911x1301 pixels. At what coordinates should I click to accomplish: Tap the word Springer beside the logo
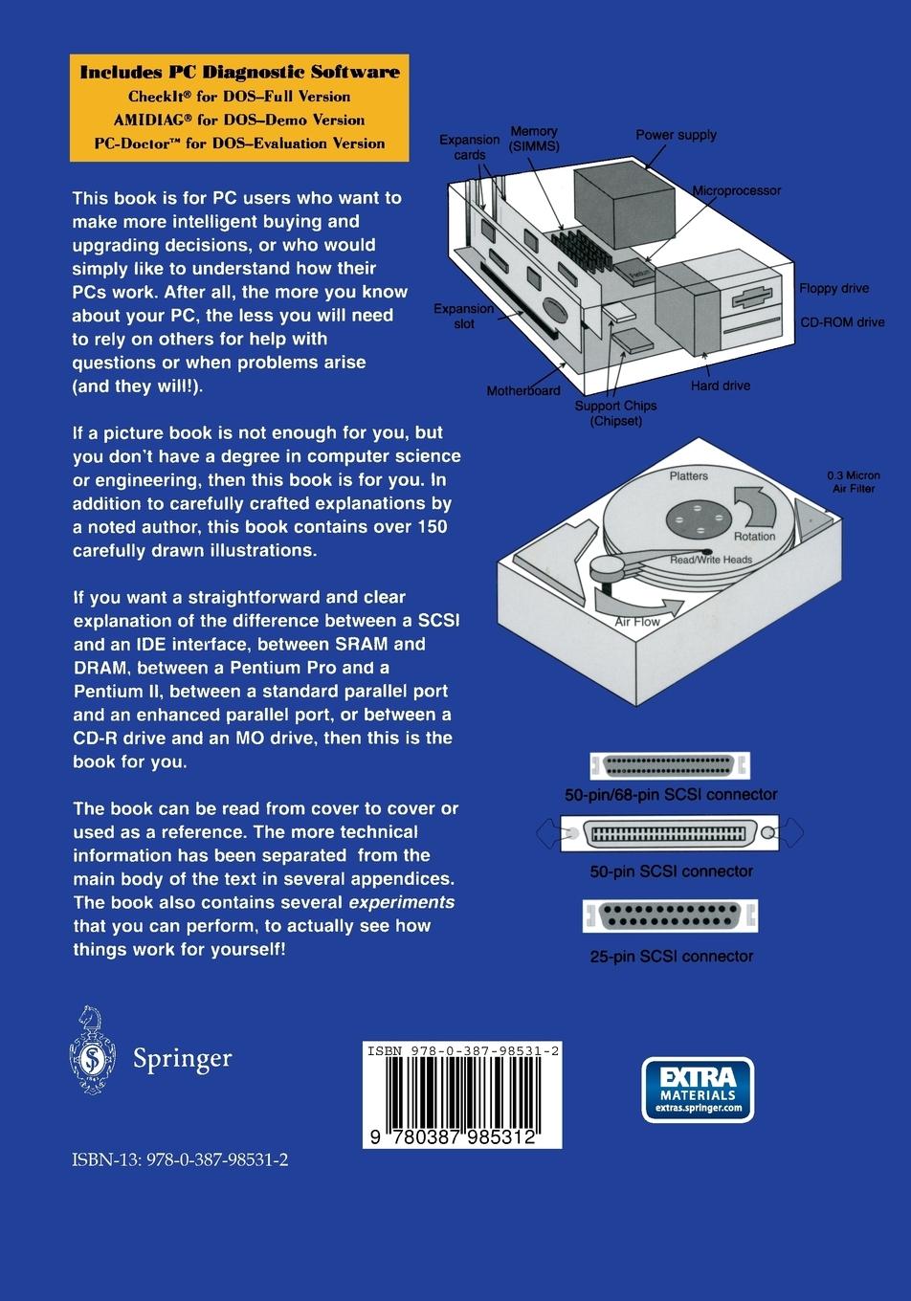click(x=182, y=1058)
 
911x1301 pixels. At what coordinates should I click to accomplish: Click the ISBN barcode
click(x=462, y=1094)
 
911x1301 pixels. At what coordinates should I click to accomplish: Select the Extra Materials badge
click(x=698, y=1089)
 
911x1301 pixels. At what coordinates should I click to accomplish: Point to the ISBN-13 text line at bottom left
click(x=180, y=1159)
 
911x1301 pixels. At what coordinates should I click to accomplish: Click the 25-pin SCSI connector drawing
click(x=671, y=916)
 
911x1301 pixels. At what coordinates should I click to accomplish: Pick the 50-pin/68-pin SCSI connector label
click(x=671, y=794)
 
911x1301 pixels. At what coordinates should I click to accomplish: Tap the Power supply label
click(x=676, y=135)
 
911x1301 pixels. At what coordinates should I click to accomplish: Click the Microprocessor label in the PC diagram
click(x=736, y=190)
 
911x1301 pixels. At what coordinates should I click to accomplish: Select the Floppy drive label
click(x=833, y=288)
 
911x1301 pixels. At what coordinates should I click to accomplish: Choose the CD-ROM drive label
click(x=842, y=322)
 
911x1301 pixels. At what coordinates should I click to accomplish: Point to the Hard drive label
click(x=720, y=386)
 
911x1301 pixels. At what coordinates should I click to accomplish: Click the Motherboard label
click(x=522, y=390)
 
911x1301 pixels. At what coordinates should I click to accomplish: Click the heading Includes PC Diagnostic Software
click(x=239, y=72)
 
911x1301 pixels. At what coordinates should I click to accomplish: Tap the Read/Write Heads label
click(x=710, y=560)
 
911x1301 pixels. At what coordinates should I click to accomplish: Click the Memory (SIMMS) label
click(x=534, y=139)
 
